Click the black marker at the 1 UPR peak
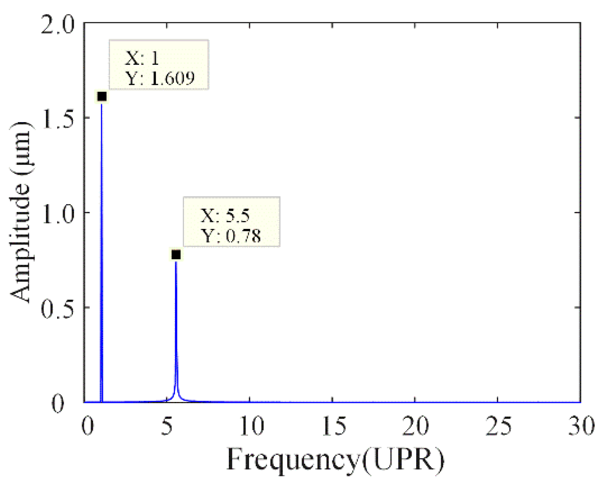(x=102, y=96)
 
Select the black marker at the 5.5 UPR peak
(x=176, y=255)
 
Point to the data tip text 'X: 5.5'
(x=225, y=215)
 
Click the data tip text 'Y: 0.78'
(x=231, y=236)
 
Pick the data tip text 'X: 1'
(x=142, y=58)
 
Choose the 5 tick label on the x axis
(x=167, y=426)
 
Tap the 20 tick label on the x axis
(x=415, y=426)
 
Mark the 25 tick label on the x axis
(x=498, y=426)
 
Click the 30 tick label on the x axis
(x=581, y=426)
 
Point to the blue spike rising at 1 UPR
(x=101, y=248)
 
